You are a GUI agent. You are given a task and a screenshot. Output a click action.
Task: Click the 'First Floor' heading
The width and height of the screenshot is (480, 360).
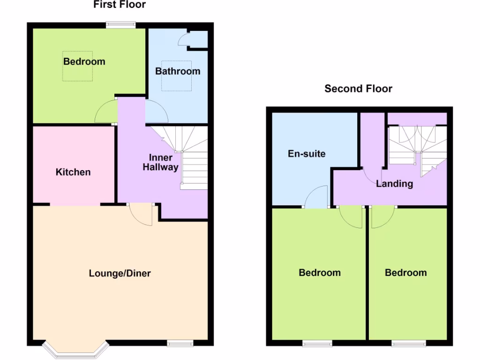120,5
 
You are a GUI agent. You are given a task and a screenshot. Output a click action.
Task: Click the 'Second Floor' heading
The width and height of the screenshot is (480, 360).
358,89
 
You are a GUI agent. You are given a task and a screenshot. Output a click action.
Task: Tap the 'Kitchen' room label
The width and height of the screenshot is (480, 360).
73,172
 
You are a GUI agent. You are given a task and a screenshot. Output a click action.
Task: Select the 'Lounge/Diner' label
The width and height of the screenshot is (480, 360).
120,273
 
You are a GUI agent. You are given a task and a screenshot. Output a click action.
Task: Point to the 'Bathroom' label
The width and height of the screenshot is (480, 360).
178,71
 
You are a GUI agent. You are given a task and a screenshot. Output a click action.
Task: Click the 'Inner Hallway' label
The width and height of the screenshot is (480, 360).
161,162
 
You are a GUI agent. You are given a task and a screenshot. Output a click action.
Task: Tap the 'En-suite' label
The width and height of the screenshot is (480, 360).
307,154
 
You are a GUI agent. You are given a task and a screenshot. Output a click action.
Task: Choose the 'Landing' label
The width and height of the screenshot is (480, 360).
394,184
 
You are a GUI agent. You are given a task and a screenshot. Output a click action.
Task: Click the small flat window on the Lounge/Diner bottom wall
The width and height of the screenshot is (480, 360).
180,344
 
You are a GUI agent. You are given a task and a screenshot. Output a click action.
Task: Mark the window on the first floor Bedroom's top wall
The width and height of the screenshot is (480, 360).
120,25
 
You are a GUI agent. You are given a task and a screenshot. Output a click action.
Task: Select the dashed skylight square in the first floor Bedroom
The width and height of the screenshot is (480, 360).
78,66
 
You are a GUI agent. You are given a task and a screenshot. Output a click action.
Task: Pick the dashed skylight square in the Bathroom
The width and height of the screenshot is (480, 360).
177,75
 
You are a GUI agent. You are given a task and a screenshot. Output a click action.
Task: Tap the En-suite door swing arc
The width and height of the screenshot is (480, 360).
317,197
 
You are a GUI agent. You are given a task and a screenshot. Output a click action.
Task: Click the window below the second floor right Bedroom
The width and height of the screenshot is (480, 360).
409,344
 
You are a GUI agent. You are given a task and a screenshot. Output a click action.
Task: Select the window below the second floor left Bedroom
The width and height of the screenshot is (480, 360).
317,344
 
